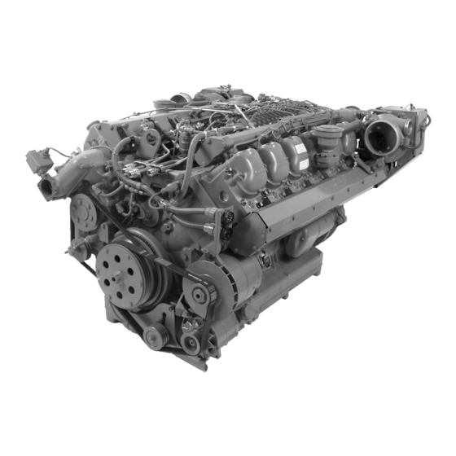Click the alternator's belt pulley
[198, 295]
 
